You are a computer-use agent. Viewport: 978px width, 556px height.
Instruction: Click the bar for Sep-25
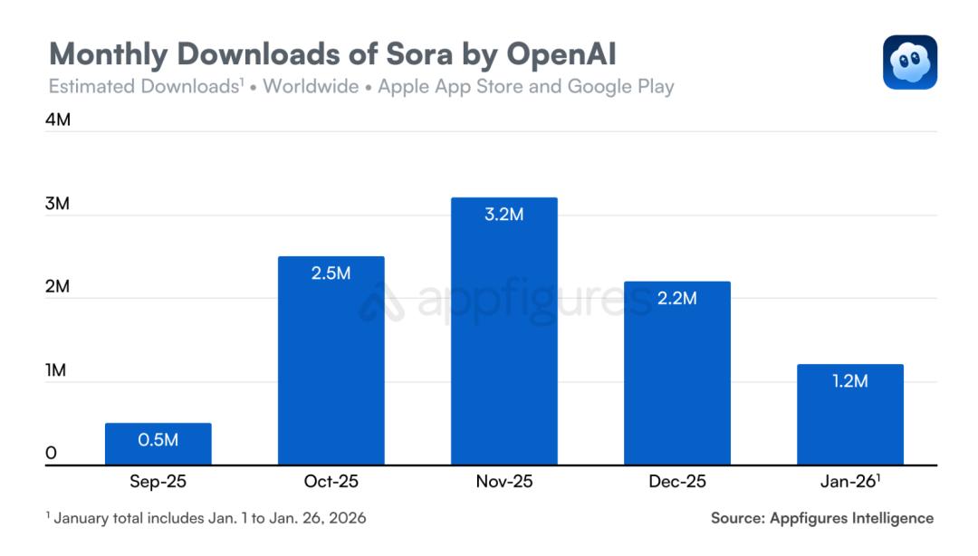pyautogui.click(x=158, y=445)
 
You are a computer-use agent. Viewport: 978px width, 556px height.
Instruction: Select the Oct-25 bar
pyautogui.click(x=331, y=361)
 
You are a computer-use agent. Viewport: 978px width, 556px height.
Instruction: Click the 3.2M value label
pyautogui.click(x=504, y=216)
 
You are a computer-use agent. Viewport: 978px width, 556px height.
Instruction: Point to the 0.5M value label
pyautogui.click(x=158, y=440)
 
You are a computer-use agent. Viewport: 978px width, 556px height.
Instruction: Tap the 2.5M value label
pyautogui.click(x=331, y=273)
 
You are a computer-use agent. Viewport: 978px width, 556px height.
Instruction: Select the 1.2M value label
pyautogui.click(x=850, y=381)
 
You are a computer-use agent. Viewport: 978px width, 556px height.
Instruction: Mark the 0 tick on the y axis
pyautogui.click(x=51, y=453)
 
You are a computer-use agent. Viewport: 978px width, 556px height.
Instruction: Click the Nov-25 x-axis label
pyautogui.click(x=504, y=482)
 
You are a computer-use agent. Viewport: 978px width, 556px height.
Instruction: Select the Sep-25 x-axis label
pyautogui.click(x=158, y=482)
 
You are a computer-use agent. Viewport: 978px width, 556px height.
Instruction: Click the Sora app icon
pyautogui.click(x=910, y=62)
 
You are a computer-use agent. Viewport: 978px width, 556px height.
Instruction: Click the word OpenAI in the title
pyautogui.click(x=550, y=54)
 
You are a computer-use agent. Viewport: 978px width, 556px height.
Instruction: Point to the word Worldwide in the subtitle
pyautogui.click(x=311, y=87)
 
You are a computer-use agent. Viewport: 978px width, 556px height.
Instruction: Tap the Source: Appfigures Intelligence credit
pyautogui.click(x=822, y=518)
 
